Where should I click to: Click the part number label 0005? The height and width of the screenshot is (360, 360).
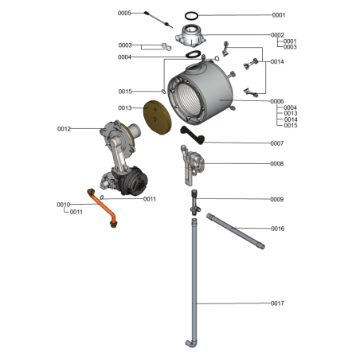click(124, 14)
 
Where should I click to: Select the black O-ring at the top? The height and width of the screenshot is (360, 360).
click(193, 15)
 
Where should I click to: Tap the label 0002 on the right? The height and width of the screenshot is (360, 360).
click(277, 35)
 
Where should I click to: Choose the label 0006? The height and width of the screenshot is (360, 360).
click(277, 101)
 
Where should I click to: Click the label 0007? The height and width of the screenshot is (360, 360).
click(277, 143)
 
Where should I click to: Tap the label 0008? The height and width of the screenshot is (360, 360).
click(277, 164)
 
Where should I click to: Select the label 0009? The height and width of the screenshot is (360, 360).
click(277, 199)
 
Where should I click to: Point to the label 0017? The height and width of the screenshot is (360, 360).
click(277, 303)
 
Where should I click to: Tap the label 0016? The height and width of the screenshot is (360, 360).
click(277, 229)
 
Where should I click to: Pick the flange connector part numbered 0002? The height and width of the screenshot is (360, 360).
click(191, 37)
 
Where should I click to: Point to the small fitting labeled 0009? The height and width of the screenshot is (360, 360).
click(194, 202)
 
